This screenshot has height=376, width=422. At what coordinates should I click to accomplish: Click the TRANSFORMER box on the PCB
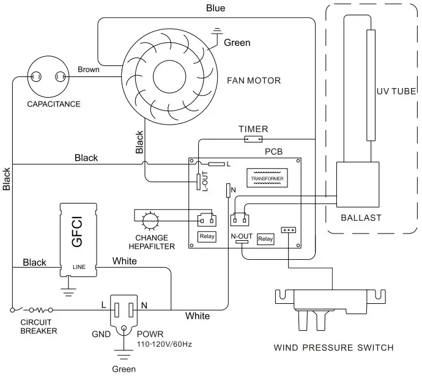(x=267, y=178)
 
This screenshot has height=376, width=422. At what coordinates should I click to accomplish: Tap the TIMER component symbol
(x=253, y=139)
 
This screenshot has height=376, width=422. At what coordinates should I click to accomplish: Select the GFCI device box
(x=78, y=240)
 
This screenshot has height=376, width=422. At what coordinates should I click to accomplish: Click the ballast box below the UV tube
(x=358, y=185)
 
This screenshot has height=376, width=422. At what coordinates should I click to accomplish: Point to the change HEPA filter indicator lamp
(x=150, y=221)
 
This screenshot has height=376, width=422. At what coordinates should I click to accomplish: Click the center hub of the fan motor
(x=169, y=76)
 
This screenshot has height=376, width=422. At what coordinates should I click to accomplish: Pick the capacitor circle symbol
(x=48, y=76)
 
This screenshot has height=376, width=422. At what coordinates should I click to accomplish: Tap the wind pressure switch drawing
(x=330, y=310)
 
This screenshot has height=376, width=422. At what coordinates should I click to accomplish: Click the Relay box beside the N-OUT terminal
(x=265, y=239)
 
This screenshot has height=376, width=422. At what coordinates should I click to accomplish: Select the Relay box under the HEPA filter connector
(x=207, y=237)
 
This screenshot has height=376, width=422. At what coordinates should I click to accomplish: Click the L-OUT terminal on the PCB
(x=198, y=182)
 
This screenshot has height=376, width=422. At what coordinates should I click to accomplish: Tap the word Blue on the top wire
(x=215, y=8)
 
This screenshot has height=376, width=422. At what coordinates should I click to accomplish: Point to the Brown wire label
(x=89, y=69)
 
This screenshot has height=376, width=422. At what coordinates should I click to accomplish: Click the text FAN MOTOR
(x=254, y=81)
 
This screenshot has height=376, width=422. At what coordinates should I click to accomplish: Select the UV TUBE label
(x=396, y=91)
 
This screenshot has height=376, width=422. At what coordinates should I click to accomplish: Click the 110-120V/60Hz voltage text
(x=164, y=344)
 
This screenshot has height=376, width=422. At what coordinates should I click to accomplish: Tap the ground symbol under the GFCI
(x=68, y=292)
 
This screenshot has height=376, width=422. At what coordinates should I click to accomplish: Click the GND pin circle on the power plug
(x=124, y=328)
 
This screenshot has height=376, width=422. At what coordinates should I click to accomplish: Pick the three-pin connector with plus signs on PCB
(x=288, y=230)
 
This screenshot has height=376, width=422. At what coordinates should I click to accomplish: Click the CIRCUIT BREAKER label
(x=39, y=326)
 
